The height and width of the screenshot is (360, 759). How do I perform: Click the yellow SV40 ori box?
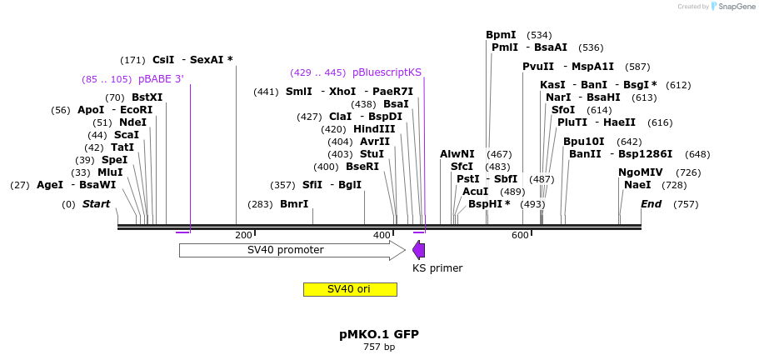pos(349,289)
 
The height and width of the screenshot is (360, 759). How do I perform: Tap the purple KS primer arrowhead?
pos(418,250)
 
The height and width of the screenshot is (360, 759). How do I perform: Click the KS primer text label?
pos(437,268)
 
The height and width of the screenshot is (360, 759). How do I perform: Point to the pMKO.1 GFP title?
pos(379,334)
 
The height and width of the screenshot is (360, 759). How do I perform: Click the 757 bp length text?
pos(379,347)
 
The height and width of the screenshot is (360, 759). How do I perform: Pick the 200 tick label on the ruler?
pos(243,235)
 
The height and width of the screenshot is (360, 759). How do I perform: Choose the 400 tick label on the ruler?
pos(382,235)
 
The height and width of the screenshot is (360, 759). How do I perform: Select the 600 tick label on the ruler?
pos(520,235)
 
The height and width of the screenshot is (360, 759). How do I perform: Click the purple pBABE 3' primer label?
pos(161,79)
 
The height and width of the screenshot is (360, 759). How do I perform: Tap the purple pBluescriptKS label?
pos(387,72)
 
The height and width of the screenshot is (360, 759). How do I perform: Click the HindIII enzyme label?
pos(374,129)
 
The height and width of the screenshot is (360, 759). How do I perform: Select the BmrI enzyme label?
pos(294,204)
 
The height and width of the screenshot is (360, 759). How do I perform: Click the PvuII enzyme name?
pos(538,67)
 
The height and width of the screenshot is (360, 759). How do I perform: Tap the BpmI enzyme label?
pos(501,35)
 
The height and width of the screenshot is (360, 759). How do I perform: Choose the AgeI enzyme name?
pos(50,185)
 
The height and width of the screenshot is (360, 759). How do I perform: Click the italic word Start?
pos(96,204)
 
